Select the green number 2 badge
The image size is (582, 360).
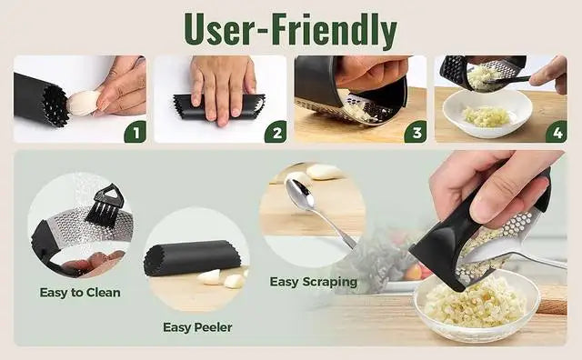click(275, 132)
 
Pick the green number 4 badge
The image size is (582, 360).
click(556, 132)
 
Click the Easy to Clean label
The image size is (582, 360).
click(80, 292)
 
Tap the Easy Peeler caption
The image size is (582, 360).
click(197, 326)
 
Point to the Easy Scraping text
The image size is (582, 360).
click(313, 282)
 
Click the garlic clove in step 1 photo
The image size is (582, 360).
click(84, 103)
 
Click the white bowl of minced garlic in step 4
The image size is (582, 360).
click(486, 115)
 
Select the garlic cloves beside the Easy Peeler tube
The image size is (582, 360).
click(223, 278)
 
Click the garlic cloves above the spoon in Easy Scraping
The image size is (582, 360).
click(324, 172)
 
